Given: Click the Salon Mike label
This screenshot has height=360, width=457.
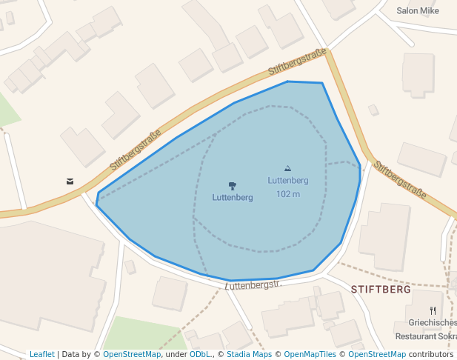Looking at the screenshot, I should point(418,11).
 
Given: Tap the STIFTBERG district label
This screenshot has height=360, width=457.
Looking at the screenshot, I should point(381,290).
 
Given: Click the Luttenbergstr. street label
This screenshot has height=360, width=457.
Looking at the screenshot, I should point(254,284).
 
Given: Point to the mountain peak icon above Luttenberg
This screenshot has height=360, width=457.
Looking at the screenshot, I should point(288,169).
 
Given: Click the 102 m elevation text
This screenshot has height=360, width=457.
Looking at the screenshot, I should point(288,194).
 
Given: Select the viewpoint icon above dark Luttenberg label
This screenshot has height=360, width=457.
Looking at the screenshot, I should point(233,185).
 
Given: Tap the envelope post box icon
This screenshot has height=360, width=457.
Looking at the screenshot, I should point(70,181).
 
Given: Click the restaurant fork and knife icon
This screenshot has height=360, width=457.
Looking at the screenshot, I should point(433,311).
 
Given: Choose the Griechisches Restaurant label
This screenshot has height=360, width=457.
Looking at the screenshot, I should point(431,329).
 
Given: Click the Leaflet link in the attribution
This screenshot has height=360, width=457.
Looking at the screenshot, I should point(42,354).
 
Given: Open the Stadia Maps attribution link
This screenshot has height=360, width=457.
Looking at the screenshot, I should point(249,354).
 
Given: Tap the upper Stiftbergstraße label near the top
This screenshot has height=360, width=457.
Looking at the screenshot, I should point(297,61).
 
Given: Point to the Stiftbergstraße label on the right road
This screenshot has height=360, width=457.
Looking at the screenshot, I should point(399,179).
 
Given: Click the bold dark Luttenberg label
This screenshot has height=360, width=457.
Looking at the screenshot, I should point(233,198).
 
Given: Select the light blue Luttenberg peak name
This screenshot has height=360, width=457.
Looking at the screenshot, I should point(288,180).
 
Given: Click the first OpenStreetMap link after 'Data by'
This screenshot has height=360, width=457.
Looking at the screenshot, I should point(132,354).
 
